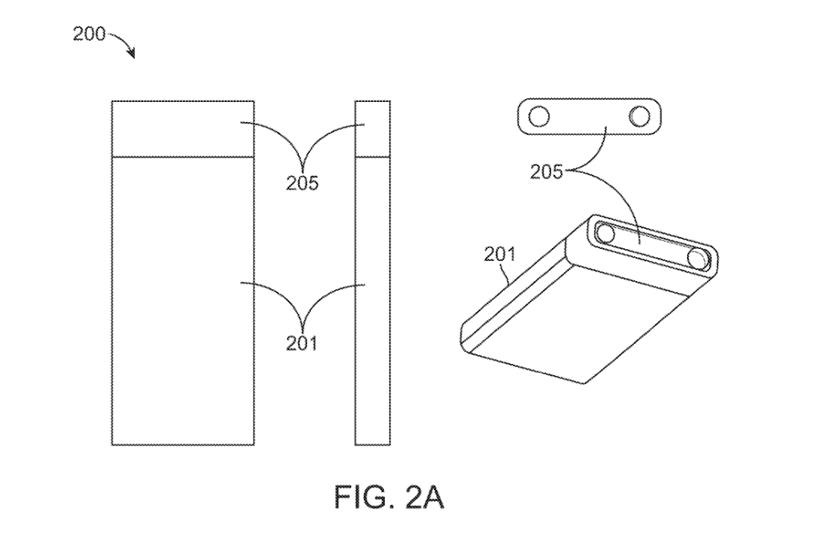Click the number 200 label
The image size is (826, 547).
point(89,35)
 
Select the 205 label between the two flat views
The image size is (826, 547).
point(303,182)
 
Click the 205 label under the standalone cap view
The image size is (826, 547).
point(547,170)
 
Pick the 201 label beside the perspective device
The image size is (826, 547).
point(499,255)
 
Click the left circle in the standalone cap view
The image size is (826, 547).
point(540,117)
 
